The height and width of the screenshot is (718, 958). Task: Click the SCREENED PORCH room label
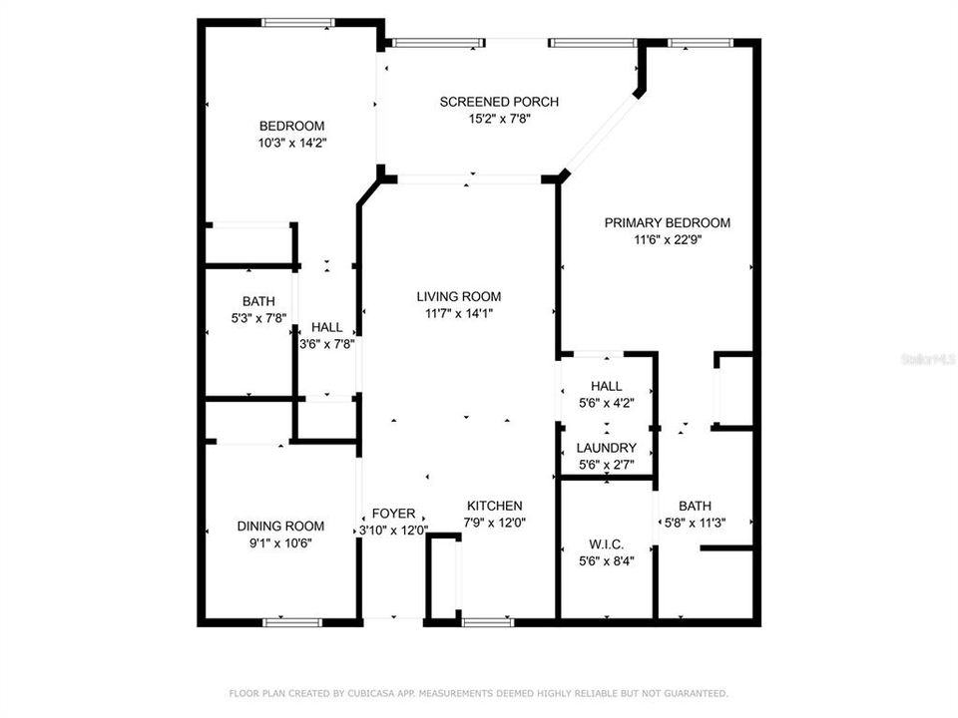[499, 102]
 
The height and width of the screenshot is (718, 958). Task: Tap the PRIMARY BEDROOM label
[667, 222]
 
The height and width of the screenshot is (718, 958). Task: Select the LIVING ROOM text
[458, 296]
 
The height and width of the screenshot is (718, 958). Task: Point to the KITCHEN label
[493, 506]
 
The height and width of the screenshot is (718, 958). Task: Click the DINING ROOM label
[280, 526]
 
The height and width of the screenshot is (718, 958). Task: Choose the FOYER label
[393, 514]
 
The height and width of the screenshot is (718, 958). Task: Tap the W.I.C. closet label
[606, 543]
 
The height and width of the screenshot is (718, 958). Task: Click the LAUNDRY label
[606, 448]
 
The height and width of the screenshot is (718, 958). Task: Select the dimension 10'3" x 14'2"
[291, 143]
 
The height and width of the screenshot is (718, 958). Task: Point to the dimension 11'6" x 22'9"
[667, 239]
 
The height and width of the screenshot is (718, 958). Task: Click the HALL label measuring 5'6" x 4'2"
[606, 386]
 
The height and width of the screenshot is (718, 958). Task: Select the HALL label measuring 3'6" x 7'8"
[326, 327]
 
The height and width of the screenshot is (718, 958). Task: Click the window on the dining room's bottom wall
[291, 622]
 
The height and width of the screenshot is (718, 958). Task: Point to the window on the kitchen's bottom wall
[488, 622]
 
